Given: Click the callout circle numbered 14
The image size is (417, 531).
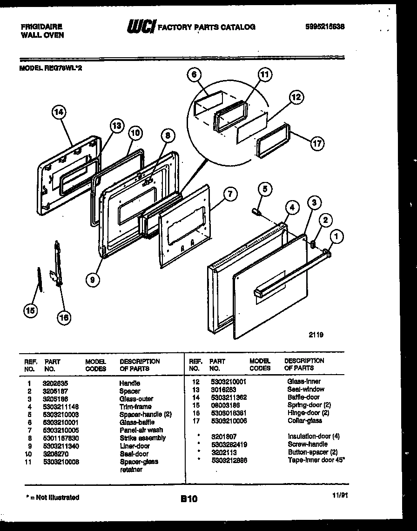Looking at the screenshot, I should pos(59,112).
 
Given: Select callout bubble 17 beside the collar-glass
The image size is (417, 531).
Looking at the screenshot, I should pos(317,144).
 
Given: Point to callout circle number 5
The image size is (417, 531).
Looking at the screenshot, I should pos(264,189).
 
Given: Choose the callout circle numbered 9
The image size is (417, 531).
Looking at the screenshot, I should pos(93,279).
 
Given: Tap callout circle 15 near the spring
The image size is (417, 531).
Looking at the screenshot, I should pos(31,311).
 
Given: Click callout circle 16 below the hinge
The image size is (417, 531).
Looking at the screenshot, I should pos(64,317).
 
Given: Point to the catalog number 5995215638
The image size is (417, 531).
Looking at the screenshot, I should pos(324,27).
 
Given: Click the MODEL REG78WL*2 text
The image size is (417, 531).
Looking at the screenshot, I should pos(51,67).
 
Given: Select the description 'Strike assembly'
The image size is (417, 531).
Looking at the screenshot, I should pos(142,438).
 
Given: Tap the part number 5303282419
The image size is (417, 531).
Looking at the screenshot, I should pos(228,444).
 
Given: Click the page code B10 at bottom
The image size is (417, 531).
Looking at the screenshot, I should pos(189,499).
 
